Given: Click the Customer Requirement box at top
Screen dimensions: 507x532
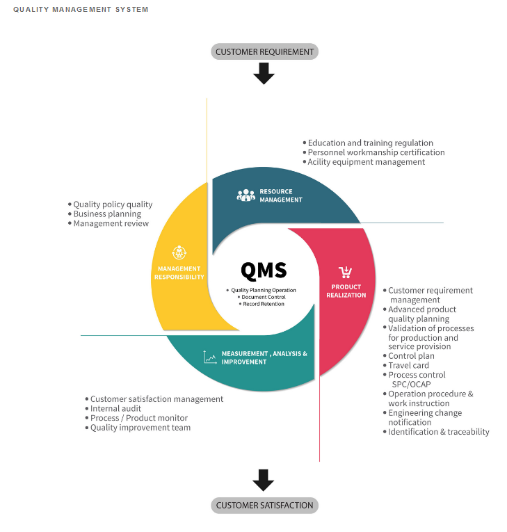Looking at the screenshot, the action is click(x=265, y=51).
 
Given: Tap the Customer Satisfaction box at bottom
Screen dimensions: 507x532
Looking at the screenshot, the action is click(x=265, y=505).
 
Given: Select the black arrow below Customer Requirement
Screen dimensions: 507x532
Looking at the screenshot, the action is click(x=264, y=74).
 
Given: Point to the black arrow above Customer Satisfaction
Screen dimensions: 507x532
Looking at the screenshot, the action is click(x=264, y=480).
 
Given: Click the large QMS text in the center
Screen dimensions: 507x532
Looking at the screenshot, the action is click(x=264, y=271).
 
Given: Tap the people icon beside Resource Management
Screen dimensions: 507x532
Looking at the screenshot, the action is click(x=246, y=195).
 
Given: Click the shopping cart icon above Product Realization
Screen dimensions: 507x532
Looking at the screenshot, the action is click(x=346, y=273).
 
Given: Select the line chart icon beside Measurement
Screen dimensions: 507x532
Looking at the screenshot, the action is click(x=210, y=357).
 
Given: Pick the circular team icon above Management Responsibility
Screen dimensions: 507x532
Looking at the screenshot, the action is click(x=179, y=252).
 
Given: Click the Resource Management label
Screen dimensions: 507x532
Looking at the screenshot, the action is click(x=281, y=196).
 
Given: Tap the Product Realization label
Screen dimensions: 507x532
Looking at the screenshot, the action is click(x=346, y=291).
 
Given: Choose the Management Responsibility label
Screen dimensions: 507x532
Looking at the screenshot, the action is click(x=179, y=273).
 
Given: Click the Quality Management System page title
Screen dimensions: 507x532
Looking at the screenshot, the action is click(x=81, y=10).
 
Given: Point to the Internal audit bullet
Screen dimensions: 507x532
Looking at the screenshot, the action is click(x=113, y=408).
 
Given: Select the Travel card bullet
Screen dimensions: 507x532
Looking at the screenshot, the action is click(x=406, y=365).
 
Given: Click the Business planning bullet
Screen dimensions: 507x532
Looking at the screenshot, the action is click(x=104, y=214).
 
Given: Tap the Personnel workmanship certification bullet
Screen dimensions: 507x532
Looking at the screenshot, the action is click(x=373, y=153).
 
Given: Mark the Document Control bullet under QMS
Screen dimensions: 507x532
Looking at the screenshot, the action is click(x=261, y=297).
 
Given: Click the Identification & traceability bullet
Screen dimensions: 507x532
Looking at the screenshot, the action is click(x=436, y=432).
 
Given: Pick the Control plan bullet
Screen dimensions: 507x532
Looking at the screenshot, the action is click(x=408, y=356).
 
